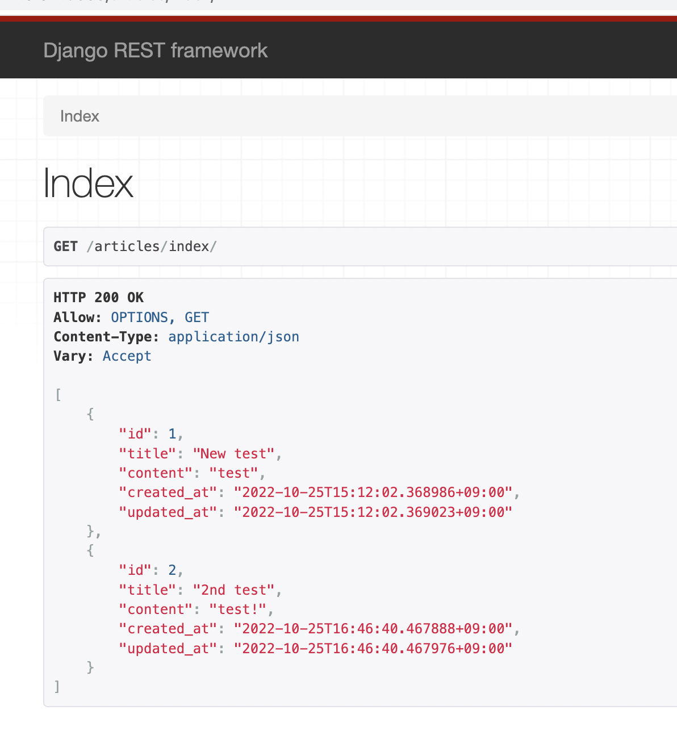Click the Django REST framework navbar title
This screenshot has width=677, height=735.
pyautogui.click(x=155, y=51)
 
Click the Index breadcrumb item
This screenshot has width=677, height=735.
pyautogui.click(x=80, y=116)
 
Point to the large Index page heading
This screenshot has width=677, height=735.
pyautogui.click(x=89, y=183)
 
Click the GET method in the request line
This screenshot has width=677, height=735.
pyautogui.click(x=65, y=247)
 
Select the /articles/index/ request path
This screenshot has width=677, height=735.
pyautogui.click(x=152, y=247)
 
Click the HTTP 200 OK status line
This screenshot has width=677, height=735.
pyautogui.click(x=98, y=298)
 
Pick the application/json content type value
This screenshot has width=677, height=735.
pyautogui.click(x=233, y=337)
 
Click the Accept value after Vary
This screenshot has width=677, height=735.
pyautogui.click(x=127, y=356)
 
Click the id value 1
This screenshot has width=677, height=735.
pyautogui.click(x=172, y=435)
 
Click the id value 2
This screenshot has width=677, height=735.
pyautogui.click(x=172, y=571)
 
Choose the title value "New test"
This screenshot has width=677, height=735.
pyautogui.click(x=233, y=454)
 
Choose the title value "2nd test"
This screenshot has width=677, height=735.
pyautogui.click(x=233, y=590)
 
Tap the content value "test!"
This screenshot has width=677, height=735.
pyautogui.click(x=237, y=609)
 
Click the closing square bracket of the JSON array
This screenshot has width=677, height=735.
pyautogui.click(x=57, y=687)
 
